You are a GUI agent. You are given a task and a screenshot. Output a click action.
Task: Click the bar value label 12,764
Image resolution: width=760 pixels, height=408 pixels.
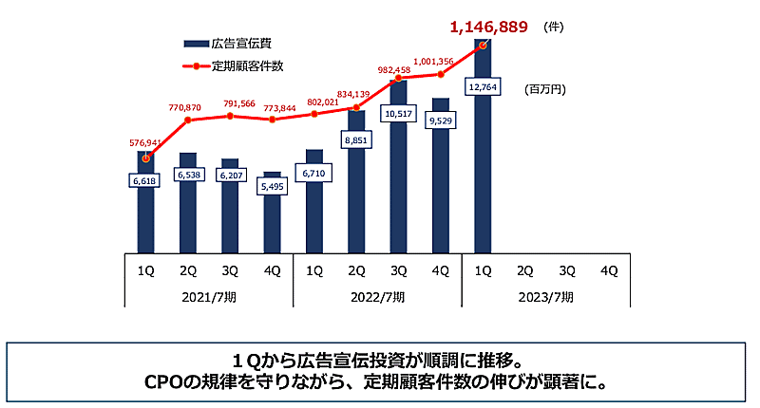click(483, 87)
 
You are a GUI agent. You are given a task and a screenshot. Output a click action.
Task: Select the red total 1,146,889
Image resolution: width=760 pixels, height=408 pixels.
click(488, 27)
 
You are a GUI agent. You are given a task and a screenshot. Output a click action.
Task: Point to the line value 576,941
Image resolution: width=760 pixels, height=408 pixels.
click(145, 143)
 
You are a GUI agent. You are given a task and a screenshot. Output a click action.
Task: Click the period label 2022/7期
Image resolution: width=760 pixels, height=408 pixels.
click(377, 296)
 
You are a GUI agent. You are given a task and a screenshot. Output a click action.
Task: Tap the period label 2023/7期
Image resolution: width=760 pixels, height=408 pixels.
click(545, 296)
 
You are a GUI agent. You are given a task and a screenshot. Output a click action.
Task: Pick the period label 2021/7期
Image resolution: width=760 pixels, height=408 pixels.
click(209, 296)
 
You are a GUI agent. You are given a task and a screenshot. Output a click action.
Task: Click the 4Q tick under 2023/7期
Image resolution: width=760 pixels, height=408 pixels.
click(608, 269)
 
